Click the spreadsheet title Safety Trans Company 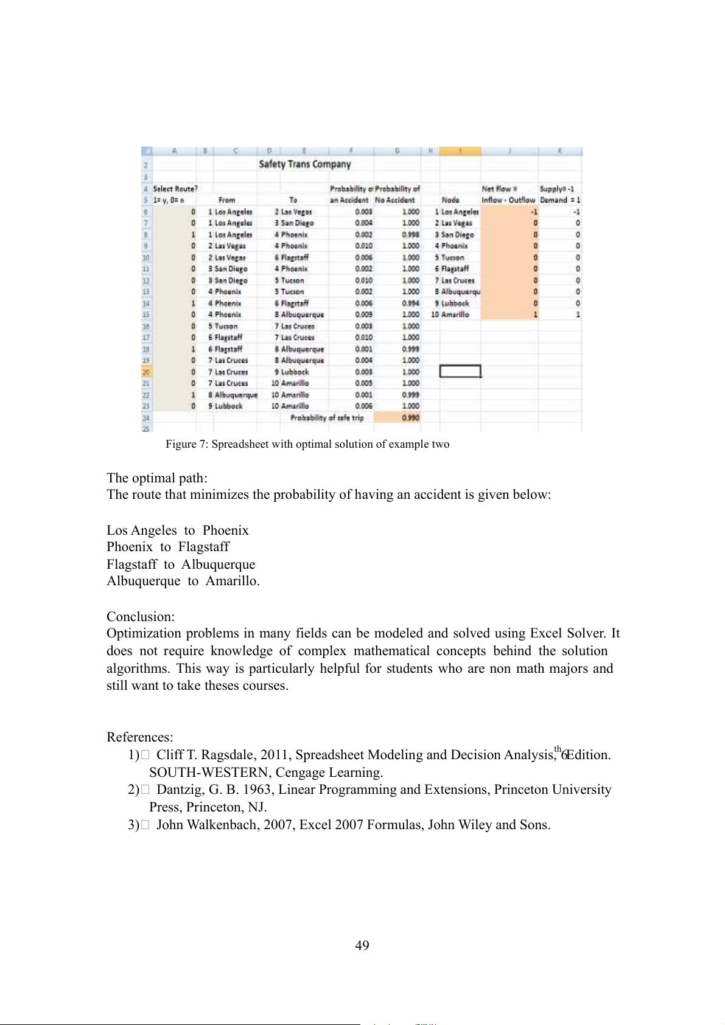(x=304, y=164)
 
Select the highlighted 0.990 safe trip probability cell (x=397, y=418)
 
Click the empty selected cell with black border (x=460, y=371)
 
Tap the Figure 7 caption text (x=307, y=444)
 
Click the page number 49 (x=362, y=945)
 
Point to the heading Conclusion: (x=141, y=616)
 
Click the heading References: (x=140, y=737)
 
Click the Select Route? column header (x=175, y=189)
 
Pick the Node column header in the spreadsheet (x=450, y=200)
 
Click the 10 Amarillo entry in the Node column (x=450, y=314)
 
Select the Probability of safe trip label (x=327, y=418)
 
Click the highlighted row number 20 (x=146, y=372)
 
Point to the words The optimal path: (x=157, y=478)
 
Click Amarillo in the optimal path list (x=232, y=581)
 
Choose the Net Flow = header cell (x=499, y=189)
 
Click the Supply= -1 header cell (x=556, y=189)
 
